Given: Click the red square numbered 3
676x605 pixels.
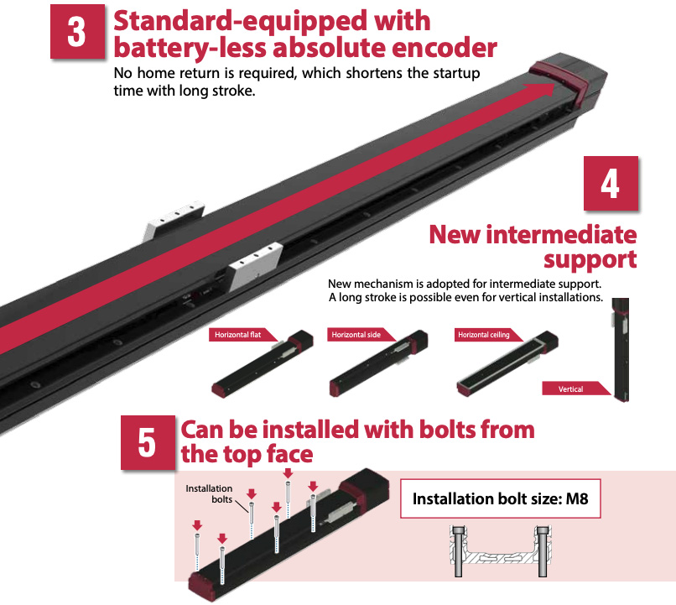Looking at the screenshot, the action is point(78,32).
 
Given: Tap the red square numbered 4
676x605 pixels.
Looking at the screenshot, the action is point(611,183).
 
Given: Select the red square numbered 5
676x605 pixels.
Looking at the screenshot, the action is point(148,442).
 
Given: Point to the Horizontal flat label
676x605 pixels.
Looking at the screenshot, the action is point(238,335).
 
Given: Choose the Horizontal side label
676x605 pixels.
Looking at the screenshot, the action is point(356,335).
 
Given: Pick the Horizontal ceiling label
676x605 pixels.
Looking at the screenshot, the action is point(484,335).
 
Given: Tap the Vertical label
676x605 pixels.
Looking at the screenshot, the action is point(571,389).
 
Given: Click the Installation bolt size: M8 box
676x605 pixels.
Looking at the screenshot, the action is point(501,498).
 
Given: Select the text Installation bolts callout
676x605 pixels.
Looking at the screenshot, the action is point(209,493).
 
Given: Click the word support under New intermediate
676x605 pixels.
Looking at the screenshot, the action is point(590,259).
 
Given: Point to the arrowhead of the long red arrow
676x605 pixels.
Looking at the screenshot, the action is point(555,84).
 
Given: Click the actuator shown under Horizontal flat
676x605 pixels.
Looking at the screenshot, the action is point(263,363).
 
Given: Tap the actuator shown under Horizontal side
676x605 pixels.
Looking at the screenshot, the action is point(378,363).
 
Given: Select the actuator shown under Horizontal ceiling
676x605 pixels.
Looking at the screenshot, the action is point(507,363).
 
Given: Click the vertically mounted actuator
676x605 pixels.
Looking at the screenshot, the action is point(620,350).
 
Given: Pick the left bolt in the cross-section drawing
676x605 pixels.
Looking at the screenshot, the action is point(458,551).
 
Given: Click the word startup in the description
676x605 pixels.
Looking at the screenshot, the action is point(456,73).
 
